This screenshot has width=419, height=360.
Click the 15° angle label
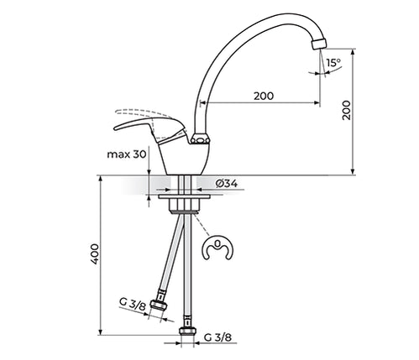pyautogui.click(x=333, y=63)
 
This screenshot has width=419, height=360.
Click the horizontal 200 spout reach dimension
pyautogui.click(x=264, y=97)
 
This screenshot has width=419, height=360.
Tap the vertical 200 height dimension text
pyautogui.click(x=347, y=110)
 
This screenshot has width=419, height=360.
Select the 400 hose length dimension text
pyautogui.click(x=96, y=254)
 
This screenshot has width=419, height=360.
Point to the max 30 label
pyautogui.click(x=127, y=154)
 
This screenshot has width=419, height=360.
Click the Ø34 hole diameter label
pyautogui.click(x=227, y=184)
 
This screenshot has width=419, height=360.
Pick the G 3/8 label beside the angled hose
pyautogui.click(x=133, y=304)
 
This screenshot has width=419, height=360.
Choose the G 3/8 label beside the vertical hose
pyautogui.click(x=218, y=337)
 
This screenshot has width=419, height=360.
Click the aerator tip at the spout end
pyautogui.click(x=319, y=44)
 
